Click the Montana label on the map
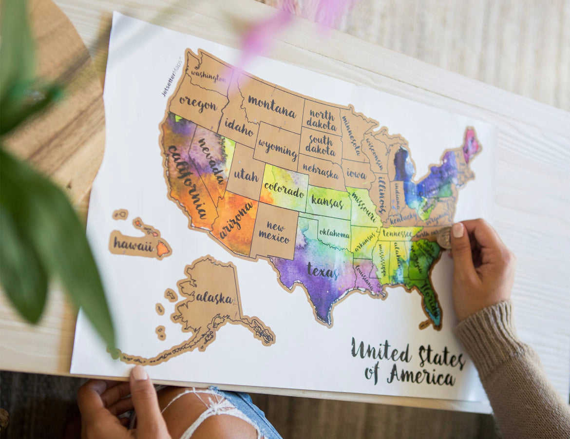(271, 106)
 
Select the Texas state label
(322, 271)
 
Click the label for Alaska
(214, 298)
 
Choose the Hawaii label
(133, 245)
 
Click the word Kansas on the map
(327, 201)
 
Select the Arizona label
(236, 220)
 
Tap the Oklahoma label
(334, 233)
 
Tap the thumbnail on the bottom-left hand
(139, 373)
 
